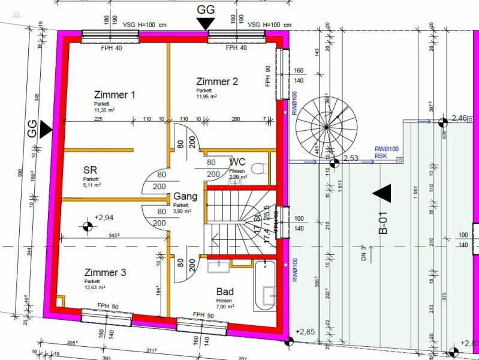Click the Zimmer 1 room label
[115, 95]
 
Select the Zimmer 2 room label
[218, 81]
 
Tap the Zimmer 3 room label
[105, 272]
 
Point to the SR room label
[91, 170]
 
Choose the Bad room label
[225, 292]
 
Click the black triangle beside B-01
[381, 193]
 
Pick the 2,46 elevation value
[459, 118]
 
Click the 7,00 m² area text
[225, 306]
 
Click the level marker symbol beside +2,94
[88, 226]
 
